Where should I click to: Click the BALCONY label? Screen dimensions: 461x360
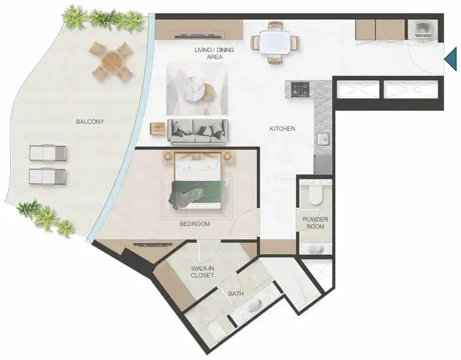pyautogui.click(x=90, y=122)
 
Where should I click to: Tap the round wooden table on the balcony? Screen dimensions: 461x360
pyautogui.click(x=112, y=62)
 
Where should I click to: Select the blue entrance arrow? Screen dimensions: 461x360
pyautogui.click(x=450, y=59)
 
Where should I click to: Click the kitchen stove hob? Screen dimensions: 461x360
pyautogui.click(x=300, y=90)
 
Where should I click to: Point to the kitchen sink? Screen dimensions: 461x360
pyautogui.click(x=323, y=138)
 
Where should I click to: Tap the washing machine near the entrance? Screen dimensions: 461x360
pyautogui.click(x=423, y=30)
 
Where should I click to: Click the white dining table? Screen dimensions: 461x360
pyautogui.click(x=275, y=42)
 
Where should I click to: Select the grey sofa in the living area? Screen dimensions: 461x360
pyautogui.click(x=197, y=132)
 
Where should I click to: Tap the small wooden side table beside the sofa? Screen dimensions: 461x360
pyautogui.click(x=158, y=129)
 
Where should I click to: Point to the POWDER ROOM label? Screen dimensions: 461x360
pyautogui.click(x=316, y=223)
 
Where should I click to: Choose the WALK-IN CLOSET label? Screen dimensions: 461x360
pyautogui.click(x=203, y=272)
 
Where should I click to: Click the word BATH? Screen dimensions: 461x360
pyautogui.click(x=236, y=293)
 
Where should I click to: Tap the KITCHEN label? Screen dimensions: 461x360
pyautogui.click(x=282, y=129)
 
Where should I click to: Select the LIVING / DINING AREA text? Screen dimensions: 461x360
pyautogui.click(x=215, y=53)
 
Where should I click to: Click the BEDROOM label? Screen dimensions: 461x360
pyautogui.click(x=195, y=224)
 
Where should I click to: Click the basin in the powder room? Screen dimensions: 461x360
pyautogui.click(x=316, y=250)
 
